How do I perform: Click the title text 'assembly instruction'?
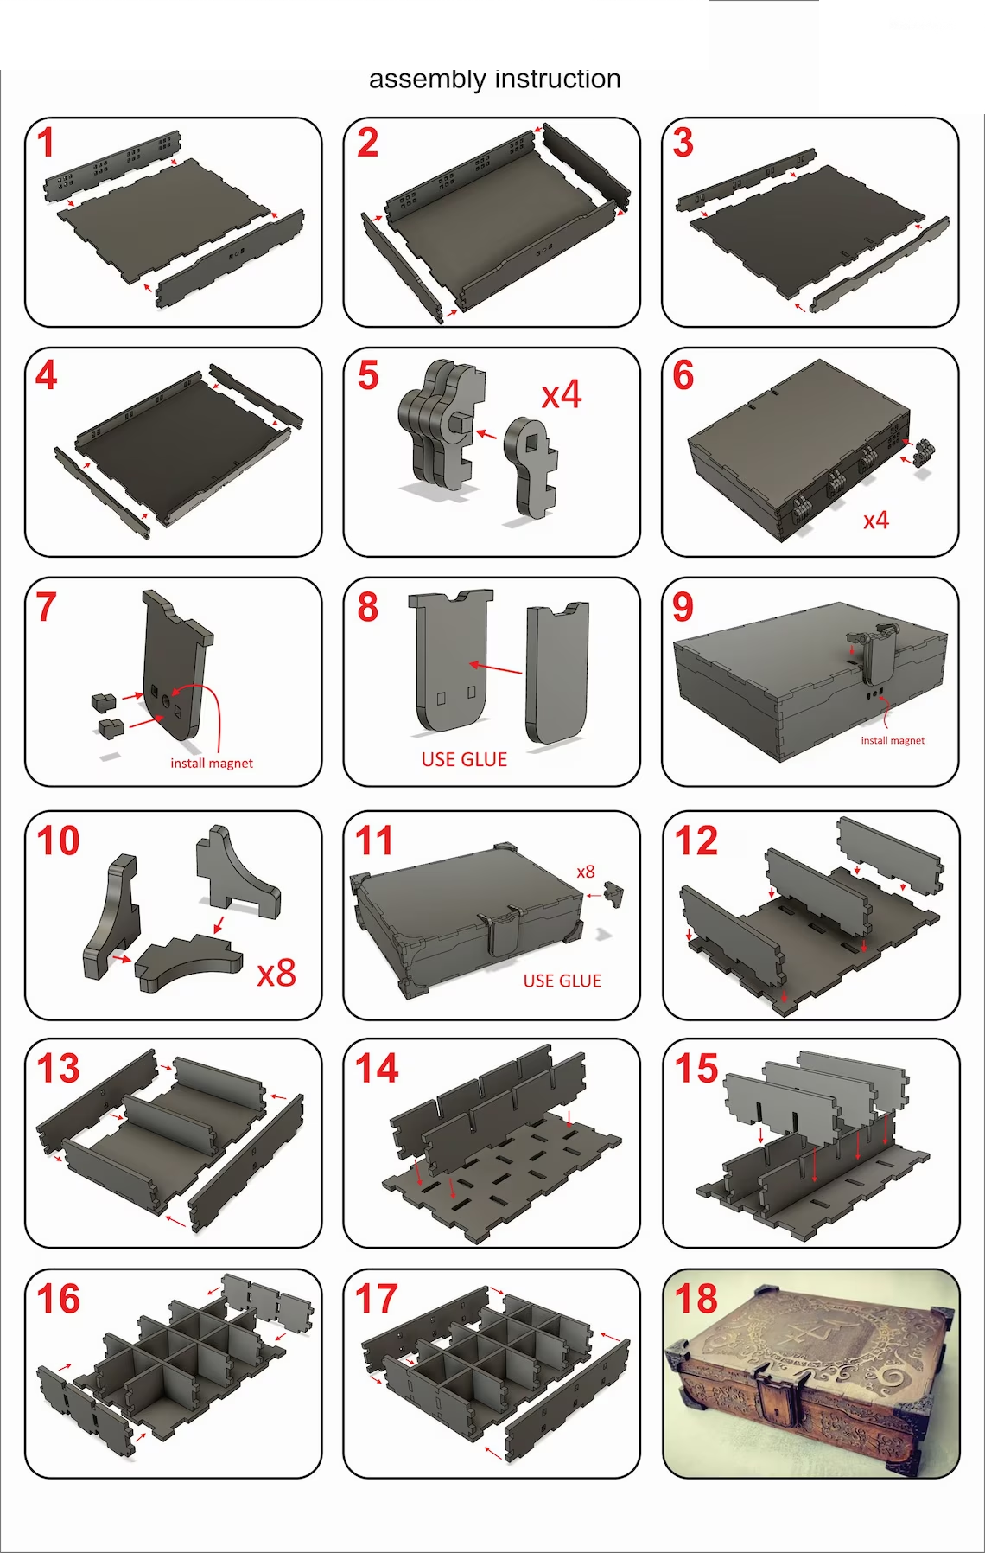coord(494,80)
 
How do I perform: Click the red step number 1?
coord(47,143)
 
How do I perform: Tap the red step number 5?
coord(368,375)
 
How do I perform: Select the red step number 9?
coord(683,606)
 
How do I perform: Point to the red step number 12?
coord(696,840)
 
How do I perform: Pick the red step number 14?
coord(377,1068)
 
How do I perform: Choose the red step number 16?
coord(58,1299)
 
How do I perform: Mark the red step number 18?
coord(696,1299)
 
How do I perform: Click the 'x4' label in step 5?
coord(562,395)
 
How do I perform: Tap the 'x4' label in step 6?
coord(876,520)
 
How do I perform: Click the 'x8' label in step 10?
coord(276,974)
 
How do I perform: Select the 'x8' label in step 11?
coord(586,872)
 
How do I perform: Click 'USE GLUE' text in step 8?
coord(464,759)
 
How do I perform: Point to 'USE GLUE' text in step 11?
coord(562,981)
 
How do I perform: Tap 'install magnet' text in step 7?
coord(212,763)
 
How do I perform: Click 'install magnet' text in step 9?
coord(893,740)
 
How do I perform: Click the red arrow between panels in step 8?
coord(496,668)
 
